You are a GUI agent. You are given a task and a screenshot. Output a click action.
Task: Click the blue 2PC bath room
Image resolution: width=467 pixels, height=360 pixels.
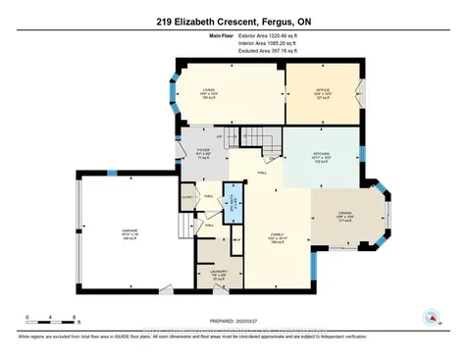click(x=233, y=205)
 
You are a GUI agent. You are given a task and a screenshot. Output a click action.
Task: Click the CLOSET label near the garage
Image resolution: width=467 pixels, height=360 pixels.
click(x=187, y=197)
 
